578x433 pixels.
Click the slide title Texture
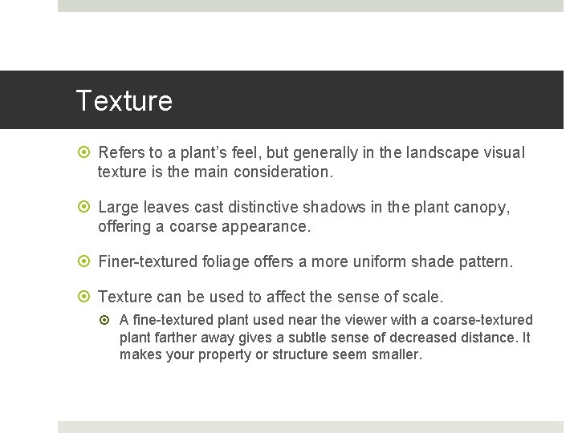124,101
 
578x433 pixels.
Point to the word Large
119,208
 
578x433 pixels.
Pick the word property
226,354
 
